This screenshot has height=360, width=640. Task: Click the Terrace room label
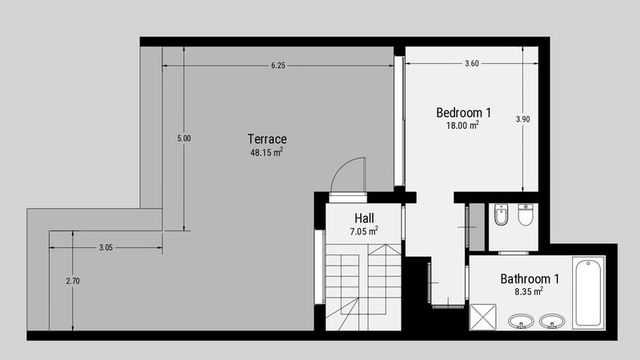[267, 139]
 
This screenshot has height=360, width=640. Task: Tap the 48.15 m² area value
[266, 152]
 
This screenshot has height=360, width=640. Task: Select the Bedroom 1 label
[463, 113]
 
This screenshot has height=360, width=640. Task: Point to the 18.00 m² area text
[462, 126]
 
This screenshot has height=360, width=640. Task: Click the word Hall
[364, 218]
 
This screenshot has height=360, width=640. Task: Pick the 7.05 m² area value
[364, 231]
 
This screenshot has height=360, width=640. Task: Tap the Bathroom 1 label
[530, 279]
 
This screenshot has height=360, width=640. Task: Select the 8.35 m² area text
[529, 291]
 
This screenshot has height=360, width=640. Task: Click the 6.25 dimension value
[278, 66]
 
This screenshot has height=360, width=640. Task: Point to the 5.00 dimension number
[184, 138]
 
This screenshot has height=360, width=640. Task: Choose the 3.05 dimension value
[106, 247]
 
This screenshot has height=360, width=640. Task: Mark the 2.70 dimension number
[73, 281]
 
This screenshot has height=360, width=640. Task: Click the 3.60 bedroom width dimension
[472, 63]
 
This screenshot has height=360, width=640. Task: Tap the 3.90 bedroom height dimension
[523, 119]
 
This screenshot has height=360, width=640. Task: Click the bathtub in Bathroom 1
[588, 292]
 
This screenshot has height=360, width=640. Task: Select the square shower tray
[483, 317]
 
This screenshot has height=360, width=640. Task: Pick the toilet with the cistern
[526, 214]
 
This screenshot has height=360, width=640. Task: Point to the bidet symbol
[501, 214]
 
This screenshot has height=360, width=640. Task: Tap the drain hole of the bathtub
[588, 264]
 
